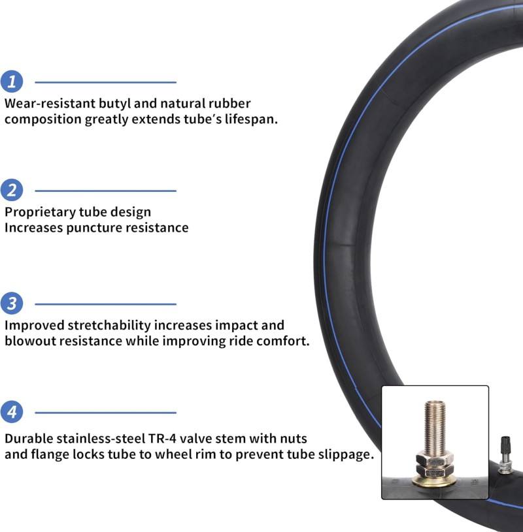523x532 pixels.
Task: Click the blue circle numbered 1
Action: (12, 82)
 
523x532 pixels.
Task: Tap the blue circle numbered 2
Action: (12, 191)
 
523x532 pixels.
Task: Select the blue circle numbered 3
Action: (12, 304)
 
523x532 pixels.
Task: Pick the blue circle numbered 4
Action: (12, 412)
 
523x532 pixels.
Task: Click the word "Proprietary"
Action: (42, 211)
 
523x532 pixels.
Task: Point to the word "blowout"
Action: (30, 341)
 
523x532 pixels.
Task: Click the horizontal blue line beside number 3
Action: (105, 304)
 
